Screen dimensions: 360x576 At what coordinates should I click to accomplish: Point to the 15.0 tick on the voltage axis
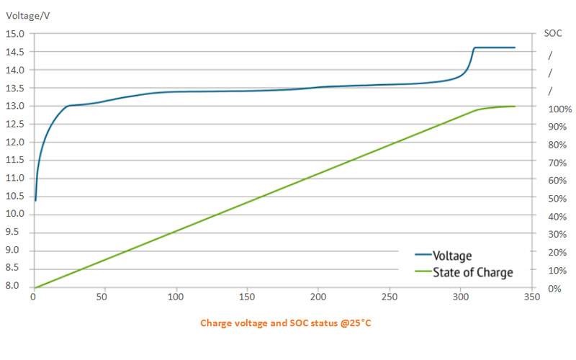15,34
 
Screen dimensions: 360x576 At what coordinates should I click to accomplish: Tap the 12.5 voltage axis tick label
15,124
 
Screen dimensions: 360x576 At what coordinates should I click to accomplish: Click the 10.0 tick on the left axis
15,215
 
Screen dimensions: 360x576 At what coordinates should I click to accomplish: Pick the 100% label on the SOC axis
559,109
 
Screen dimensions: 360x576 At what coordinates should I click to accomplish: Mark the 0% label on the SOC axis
554,289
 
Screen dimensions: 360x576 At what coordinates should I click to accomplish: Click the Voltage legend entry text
452,256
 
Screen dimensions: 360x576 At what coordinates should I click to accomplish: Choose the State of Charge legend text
472,272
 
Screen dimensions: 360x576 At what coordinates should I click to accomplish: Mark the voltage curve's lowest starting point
35,200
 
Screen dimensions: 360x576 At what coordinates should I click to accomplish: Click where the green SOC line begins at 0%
35,287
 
